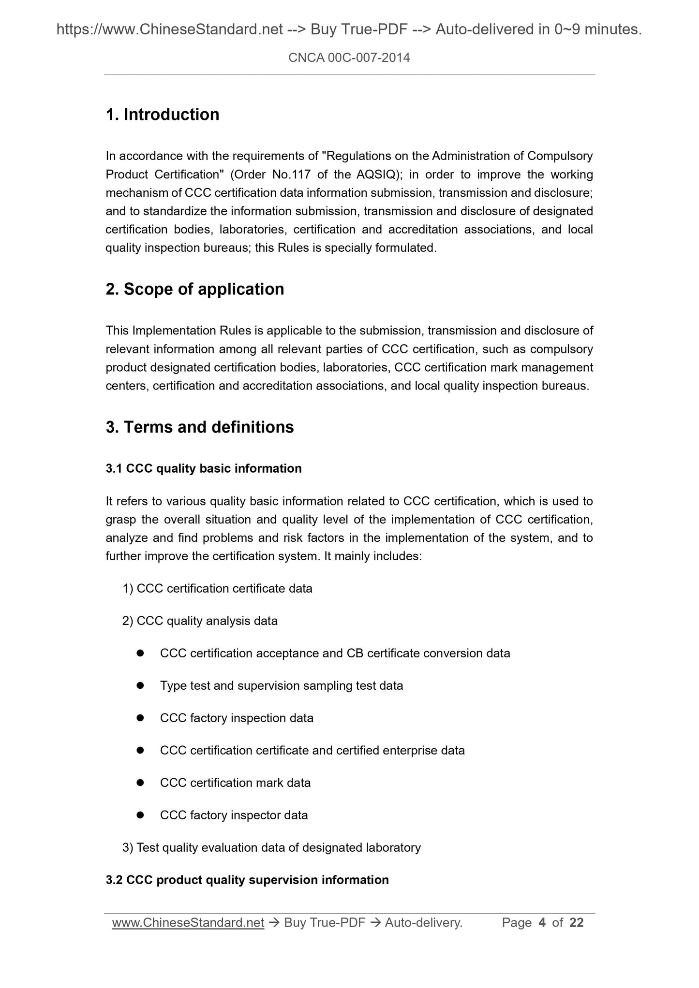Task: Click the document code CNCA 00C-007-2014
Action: pos(349,58)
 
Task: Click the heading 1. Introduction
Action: pos(162,115)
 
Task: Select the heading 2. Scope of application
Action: pos(194,289)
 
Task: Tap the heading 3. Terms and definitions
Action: pos(199,427)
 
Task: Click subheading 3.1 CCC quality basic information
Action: pos(203,468)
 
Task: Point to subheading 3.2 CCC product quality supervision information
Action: pos(247,880)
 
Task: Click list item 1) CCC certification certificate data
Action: pos(217,589)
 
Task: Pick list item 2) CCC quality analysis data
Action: pos(200,621)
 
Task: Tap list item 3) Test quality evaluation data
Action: pos(271,847)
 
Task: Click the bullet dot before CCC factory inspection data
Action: pos(140,718)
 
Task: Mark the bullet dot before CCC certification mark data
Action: pos(140,783)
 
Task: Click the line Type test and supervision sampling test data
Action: pos(281,686)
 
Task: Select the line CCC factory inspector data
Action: pos(234,815)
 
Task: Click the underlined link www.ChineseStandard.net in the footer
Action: pos(188,923)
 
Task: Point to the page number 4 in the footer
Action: pos(542,923)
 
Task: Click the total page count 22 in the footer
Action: pos(576,923)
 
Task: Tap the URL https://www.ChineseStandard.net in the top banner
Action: pos(169,30)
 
